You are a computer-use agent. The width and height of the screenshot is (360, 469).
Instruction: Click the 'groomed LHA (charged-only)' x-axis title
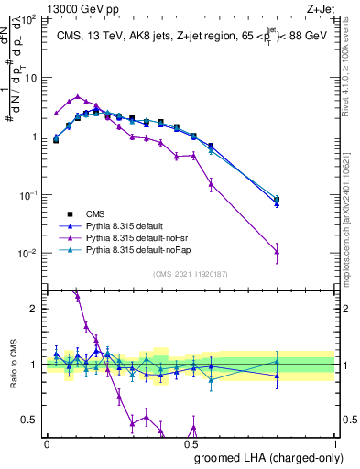point(265,459)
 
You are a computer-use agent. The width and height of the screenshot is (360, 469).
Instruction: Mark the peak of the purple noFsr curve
point(78,95)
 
